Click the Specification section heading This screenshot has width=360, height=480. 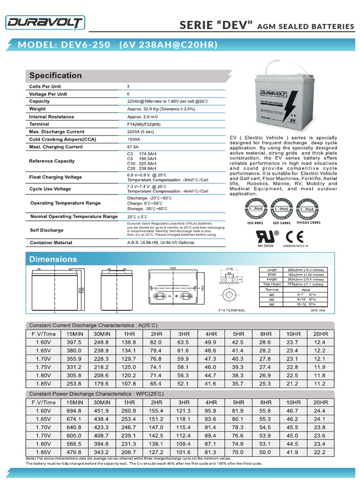point(55,75)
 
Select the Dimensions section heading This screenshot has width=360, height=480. point(53,259)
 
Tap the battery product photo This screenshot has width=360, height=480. point(284,102)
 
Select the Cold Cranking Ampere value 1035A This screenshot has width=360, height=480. point(134,139)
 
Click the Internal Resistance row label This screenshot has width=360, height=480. point(51,117)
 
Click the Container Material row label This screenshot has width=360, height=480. point(51,243)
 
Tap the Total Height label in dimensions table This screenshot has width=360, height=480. point(272,284)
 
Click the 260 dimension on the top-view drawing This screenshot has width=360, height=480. point(173,268)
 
